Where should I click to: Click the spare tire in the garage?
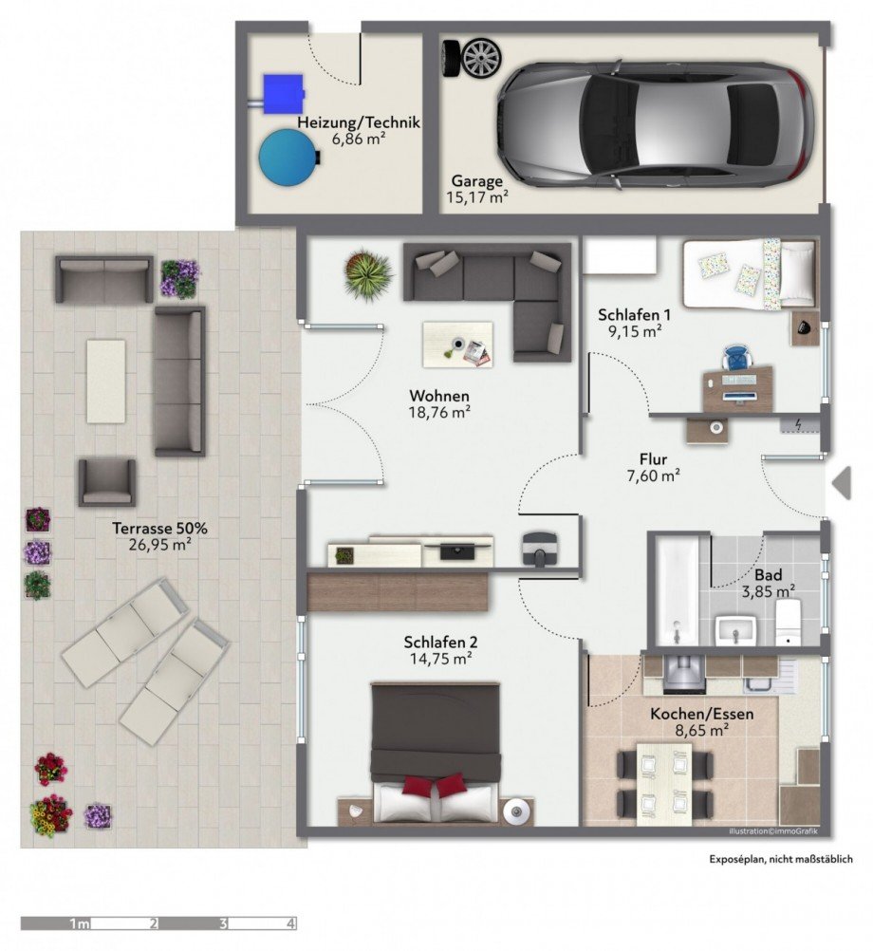472,58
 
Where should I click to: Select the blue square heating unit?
282,94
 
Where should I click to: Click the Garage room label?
477,180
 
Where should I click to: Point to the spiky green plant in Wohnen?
367,274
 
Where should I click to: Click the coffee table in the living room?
457,345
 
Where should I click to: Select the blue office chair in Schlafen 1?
736,357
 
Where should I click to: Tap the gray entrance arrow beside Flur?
842,483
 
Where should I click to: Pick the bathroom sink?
735,630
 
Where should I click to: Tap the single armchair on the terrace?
106,482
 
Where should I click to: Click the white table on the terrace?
106,381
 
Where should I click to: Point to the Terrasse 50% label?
160,529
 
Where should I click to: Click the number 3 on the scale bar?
223,923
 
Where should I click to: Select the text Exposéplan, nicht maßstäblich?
781,859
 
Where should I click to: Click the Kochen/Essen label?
702,714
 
